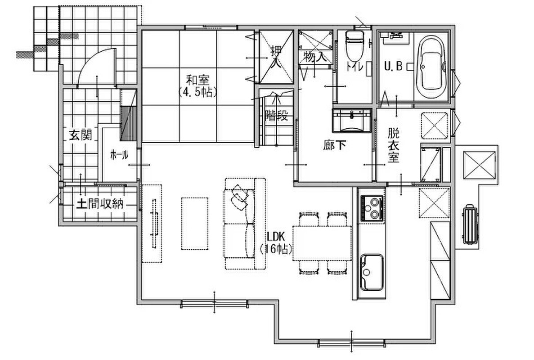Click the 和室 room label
(198, 81)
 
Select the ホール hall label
(119, 155)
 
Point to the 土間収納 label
(99, 204)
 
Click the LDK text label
(276, 236)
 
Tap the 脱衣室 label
(393, 145)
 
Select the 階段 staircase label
(277, 116)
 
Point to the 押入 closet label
(277, 58)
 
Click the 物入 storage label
(314, 57)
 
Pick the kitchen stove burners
(372, 207)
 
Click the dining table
(322, 243)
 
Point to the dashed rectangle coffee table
(194, 224)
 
